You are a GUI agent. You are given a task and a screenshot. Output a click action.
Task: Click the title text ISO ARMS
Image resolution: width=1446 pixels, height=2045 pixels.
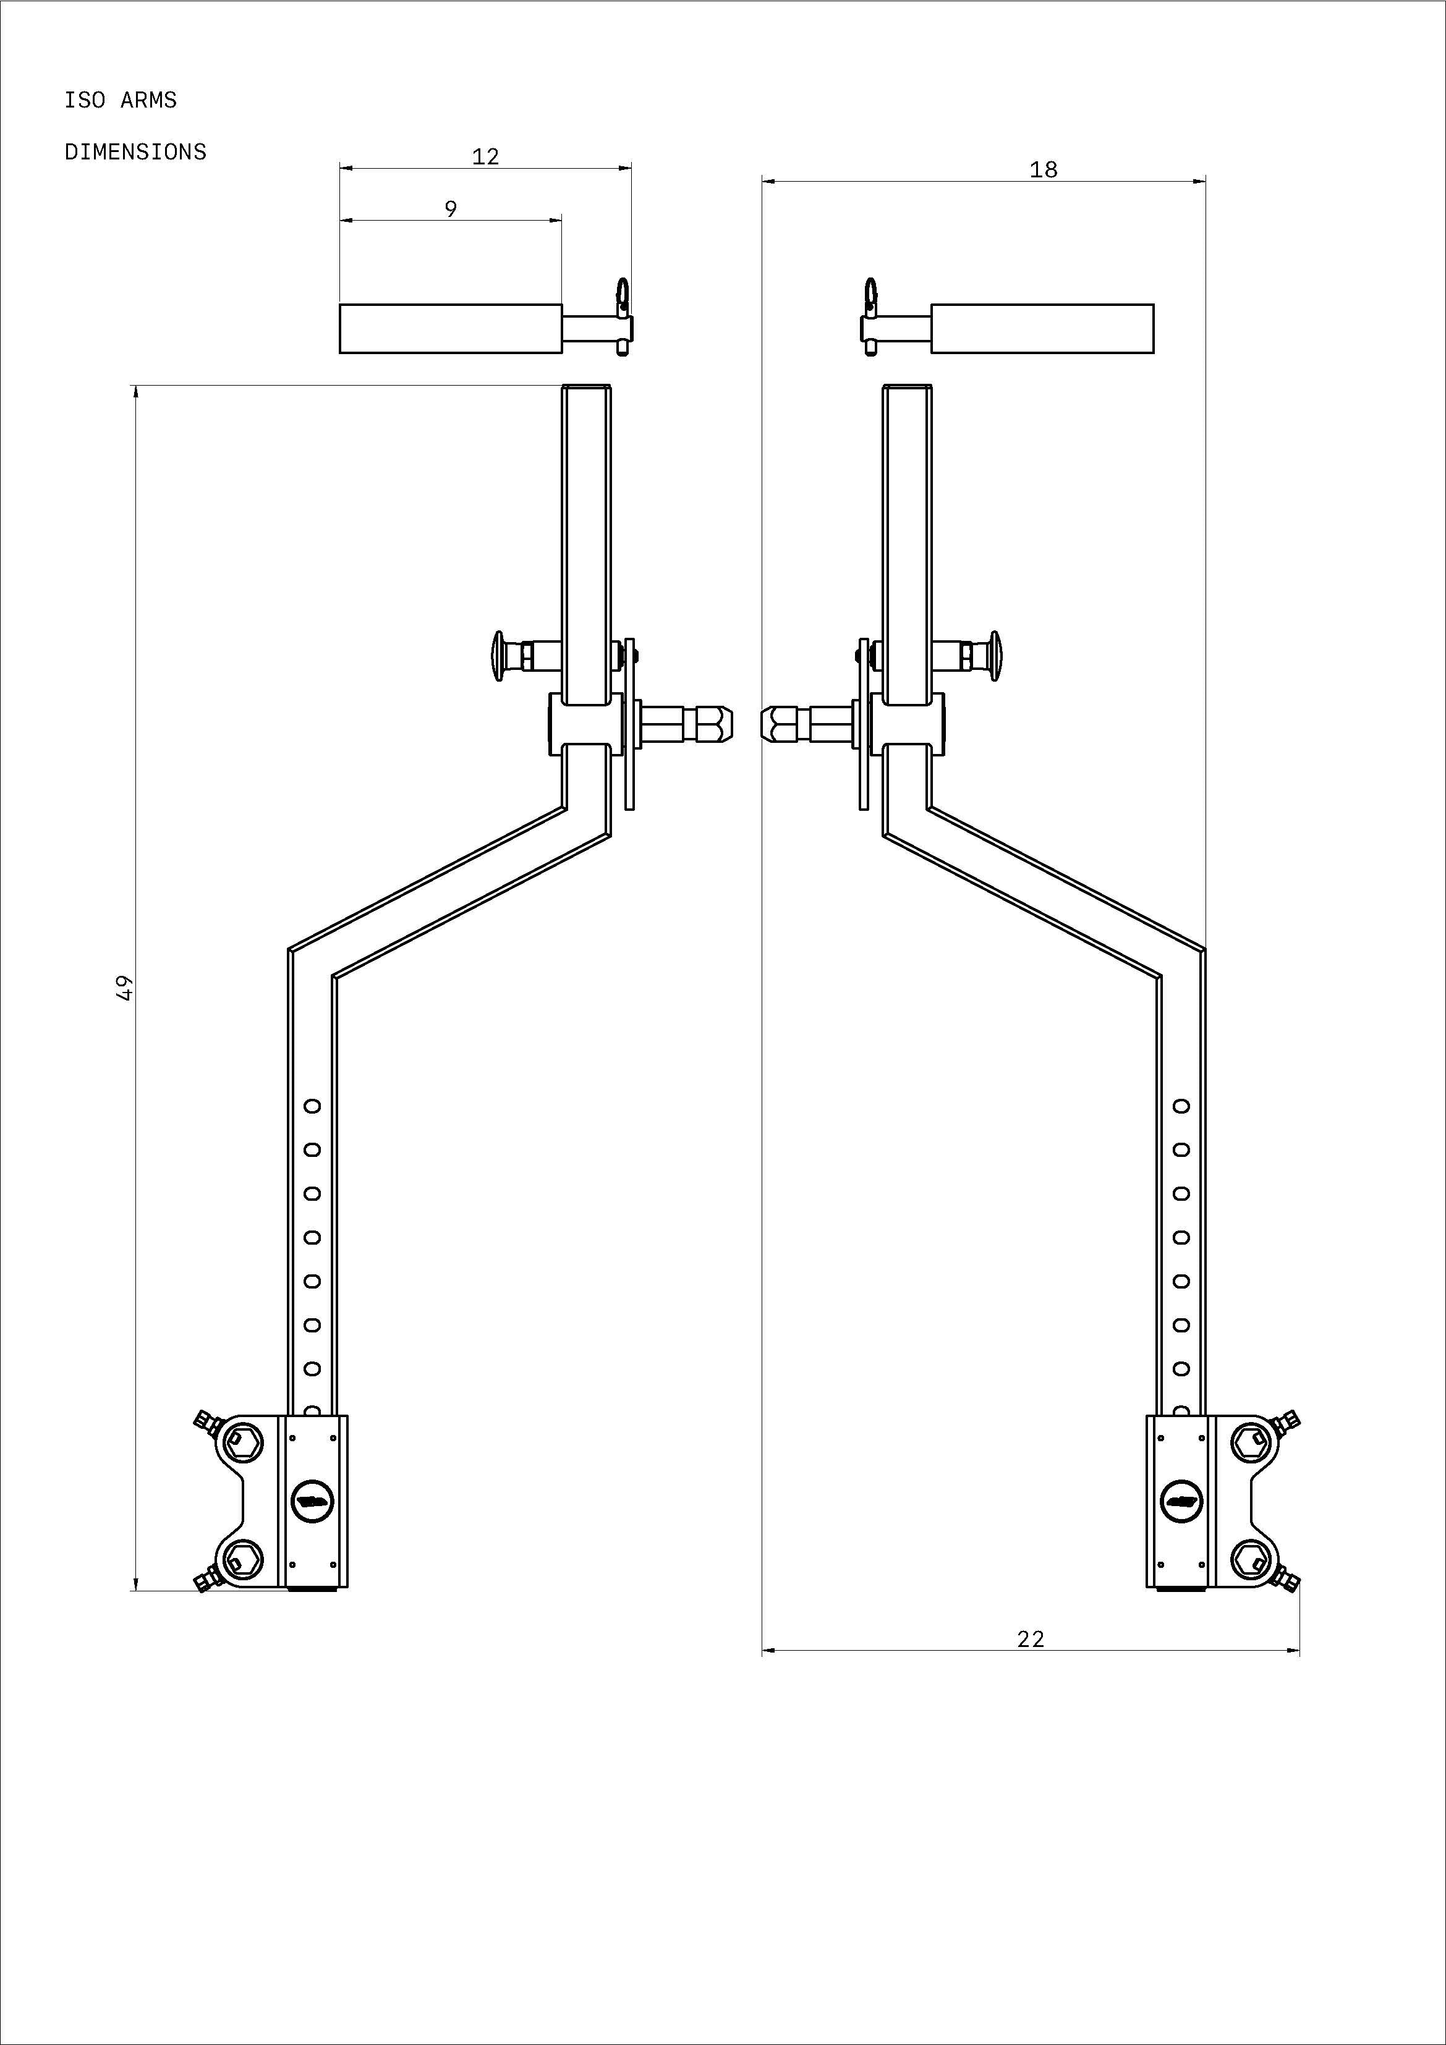(121, 99)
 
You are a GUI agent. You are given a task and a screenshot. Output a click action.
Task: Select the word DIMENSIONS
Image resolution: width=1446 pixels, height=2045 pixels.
(135, 152)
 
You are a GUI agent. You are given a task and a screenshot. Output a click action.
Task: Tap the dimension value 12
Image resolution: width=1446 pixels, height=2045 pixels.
(485, 157)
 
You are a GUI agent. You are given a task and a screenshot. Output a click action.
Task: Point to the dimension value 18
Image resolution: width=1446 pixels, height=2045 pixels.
(1044, 169)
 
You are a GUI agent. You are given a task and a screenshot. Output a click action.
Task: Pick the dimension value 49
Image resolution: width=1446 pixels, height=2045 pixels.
(125, 988)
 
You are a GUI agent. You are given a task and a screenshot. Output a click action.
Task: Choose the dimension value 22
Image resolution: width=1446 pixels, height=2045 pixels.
(1031, 1639)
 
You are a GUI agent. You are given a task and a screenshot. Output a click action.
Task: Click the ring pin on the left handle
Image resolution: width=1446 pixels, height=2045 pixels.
(623, 297)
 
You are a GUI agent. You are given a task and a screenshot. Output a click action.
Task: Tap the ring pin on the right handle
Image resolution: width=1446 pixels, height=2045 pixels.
(870, 297)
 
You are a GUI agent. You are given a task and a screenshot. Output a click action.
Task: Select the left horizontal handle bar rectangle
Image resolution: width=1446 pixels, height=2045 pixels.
(451, 329)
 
